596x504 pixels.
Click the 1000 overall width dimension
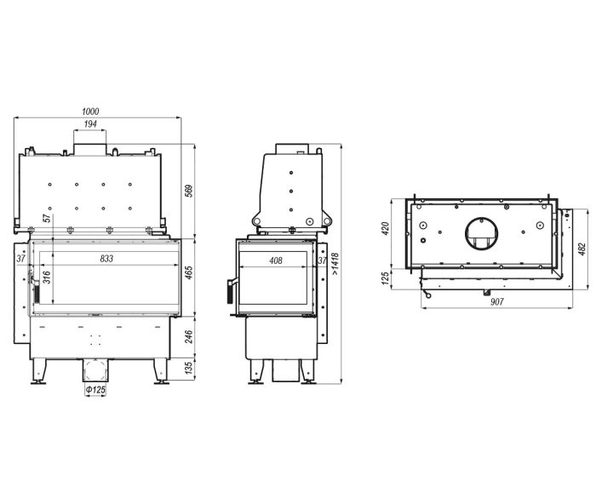pos(90,112)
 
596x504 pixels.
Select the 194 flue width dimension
pos(90,124)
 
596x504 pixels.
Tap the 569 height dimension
pos(189,191)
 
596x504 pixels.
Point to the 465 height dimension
pos(189,272)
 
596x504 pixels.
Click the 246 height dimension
pos(189,337)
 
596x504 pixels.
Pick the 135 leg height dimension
pos(189,368)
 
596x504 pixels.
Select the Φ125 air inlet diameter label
pos(95,390)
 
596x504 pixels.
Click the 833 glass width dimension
pos(106,259)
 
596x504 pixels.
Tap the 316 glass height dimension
pos(46,277)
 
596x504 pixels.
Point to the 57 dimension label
pos(46,219)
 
